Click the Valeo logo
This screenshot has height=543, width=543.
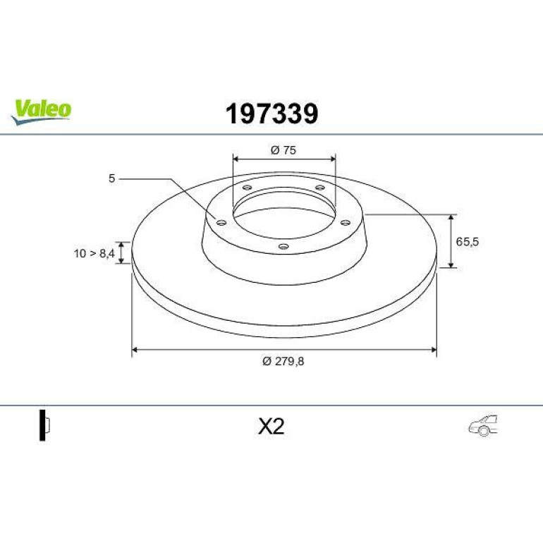coord(41,111)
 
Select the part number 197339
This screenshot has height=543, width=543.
coord(271,114)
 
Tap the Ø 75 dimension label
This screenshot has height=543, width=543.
coord(283,150)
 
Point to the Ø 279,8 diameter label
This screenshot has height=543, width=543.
coord(283,361)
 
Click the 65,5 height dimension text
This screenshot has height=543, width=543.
coord(467,242)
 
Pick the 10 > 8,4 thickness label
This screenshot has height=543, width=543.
coord(94,253)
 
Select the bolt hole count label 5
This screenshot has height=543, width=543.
coord(111,178)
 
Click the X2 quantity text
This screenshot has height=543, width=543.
coord(271,427)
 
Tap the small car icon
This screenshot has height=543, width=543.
coord(483,425)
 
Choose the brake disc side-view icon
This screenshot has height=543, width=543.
coord(44,425)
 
